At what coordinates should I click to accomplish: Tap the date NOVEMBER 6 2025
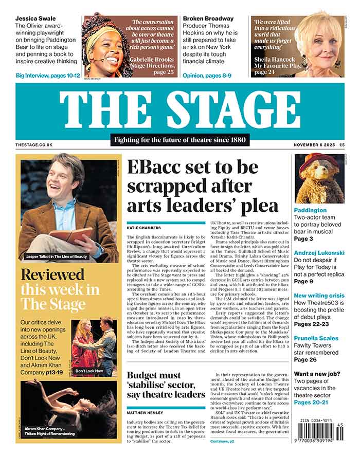(x=313, y=145)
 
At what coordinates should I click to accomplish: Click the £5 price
(x=341, y=145)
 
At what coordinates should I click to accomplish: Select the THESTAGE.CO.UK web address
(x=34, y=145)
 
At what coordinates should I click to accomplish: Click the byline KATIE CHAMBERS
(x=145, y=227)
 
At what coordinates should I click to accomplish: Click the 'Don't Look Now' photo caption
(x=89, y=371)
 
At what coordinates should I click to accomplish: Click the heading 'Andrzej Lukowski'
(x=319, y=253)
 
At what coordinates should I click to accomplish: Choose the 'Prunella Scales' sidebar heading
(x=316, y=338)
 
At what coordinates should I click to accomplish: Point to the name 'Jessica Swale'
(x=35, y=19)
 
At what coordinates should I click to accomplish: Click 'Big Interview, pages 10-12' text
(x=48, y=76)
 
